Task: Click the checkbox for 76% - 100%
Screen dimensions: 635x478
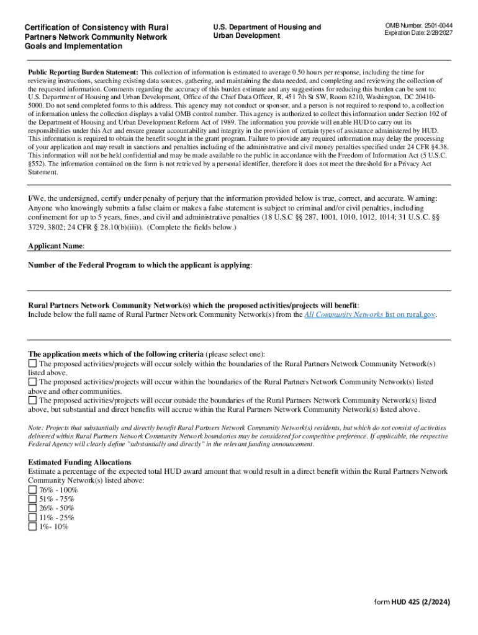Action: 32,490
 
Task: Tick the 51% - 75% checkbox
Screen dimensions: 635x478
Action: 32,499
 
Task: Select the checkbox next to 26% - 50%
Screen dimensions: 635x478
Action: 32,508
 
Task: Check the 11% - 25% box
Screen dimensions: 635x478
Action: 32,518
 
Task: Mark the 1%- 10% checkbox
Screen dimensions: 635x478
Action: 32,527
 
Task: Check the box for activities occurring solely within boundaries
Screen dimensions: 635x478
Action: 32,363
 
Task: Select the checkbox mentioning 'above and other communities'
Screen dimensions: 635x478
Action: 32,382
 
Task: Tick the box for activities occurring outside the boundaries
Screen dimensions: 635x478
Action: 32,401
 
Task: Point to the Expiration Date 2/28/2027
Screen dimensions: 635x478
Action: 418,32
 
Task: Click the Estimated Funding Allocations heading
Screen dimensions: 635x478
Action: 79,462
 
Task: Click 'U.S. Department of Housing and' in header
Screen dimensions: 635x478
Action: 267,27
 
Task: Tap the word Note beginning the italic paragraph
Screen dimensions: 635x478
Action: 36,428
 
